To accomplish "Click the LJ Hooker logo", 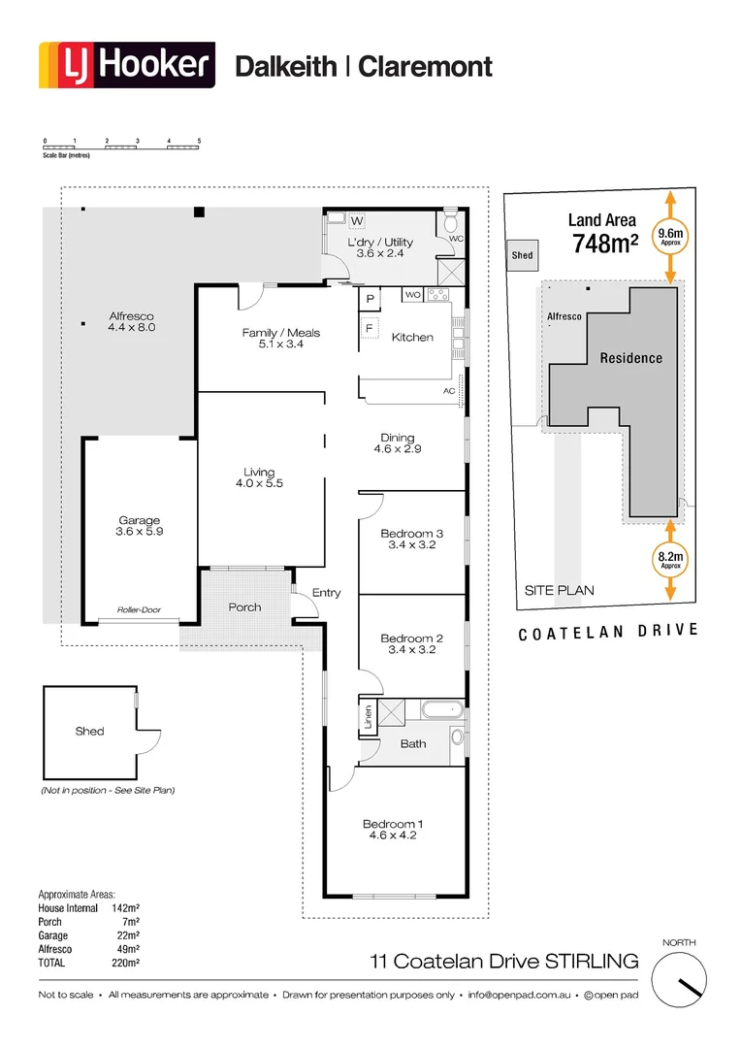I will (x=127, y=66).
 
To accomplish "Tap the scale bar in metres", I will (x=121, y=147).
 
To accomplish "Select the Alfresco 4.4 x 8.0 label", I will (x=131, y=322).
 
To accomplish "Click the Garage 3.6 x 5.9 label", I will (x=140, y=526).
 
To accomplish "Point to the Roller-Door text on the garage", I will (x=139, y=610).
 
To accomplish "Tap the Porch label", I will (x=244, y=607).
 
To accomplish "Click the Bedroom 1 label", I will (x=393, y=830).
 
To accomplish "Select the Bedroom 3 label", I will (x=412, y=540).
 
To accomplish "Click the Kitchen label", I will (x=412, y=338).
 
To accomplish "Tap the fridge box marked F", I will (x=370, y=328).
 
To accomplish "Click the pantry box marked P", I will (x=370, y=298).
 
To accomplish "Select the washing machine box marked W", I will (x=342, y=222).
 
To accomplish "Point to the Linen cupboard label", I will (x=368, y=718).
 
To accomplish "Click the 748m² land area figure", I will (x=604, y=245).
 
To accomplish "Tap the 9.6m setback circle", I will (x=670, y=237).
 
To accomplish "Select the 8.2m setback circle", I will (x=670, y=559).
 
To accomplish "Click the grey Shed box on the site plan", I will (x=523, y=255).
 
